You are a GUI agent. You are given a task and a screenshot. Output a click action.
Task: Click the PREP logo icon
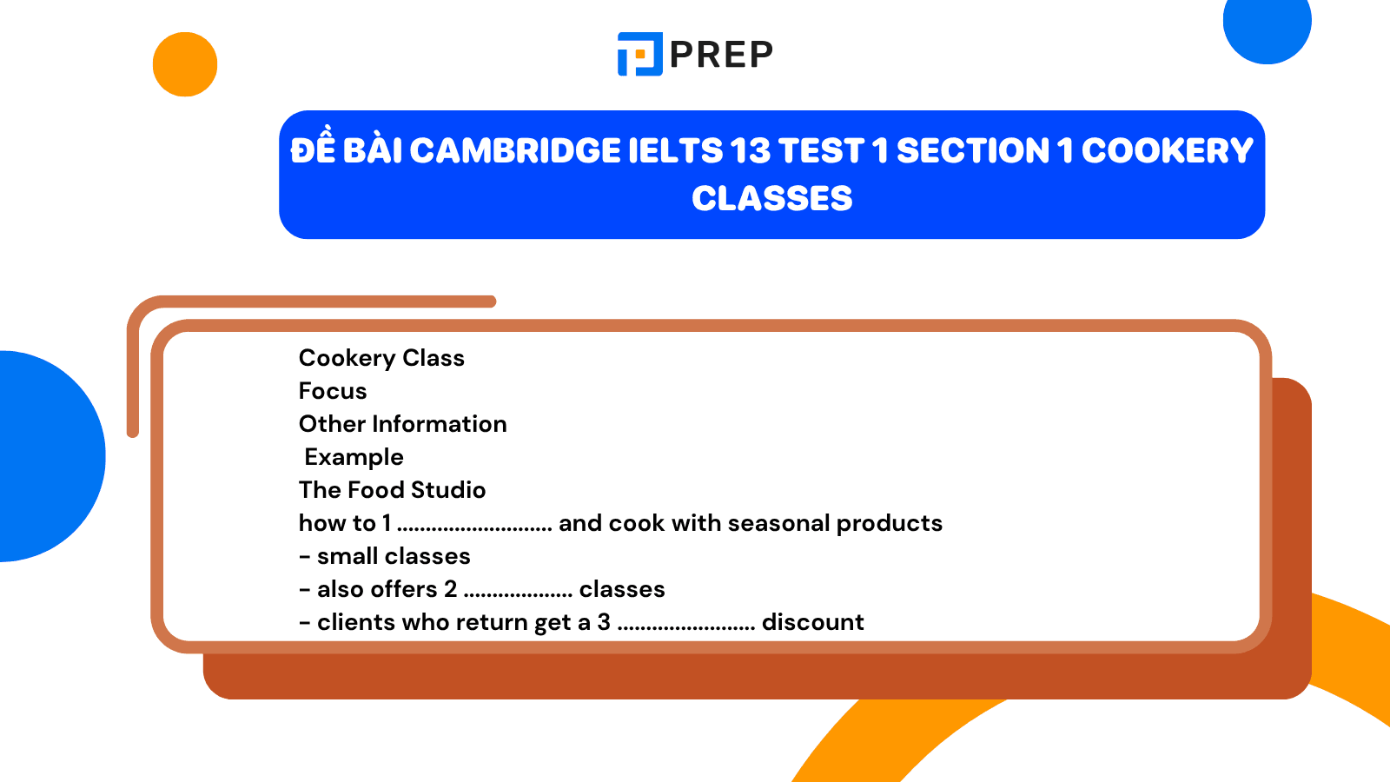[x=639, y=54]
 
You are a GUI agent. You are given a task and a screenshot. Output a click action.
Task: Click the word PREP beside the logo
[x=722, y=54]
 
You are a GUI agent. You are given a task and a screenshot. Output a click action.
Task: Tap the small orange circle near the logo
[x=185, y=64]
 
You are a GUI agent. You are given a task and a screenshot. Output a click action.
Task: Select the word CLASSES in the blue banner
[x=772, y=199]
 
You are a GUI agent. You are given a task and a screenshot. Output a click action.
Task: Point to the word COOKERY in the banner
[x=1168, y=151]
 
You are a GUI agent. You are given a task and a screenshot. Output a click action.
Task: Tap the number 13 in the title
[x=751, y=151]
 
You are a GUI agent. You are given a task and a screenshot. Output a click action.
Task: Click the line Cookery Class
[x=381, y=358]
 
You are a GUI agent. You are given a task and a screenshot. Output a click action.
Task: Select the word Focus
[x=333, y=391]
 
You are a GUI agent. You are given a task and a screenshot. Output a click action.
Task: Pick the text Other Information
[x=403, y=424]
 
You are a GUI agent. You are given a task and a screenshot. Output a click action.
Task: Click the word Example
[x=354, y=457]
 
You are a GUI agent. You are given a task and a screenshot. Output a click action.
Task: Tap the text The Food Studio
[x=392, y=490]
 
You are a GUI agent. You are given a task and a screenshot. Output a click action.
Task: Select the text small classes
[x=394, y=556]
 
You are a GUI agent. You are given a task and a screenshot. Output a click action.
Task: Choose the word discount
[x=813, y=622]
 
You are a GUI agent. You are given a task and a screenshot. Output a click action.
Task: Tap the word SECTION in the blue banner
[x=973, y=151]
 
